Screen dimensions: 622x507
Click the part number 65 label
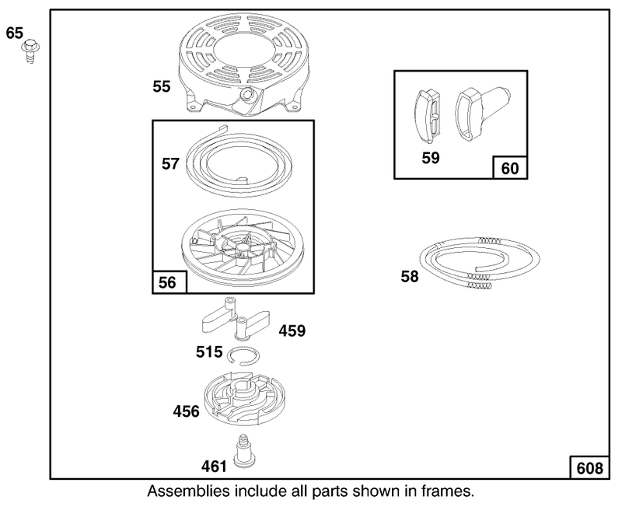(15, 33)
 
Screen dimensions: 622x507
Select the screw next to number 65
(30, 51)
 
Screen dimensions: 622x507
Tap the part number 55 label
(162, 86)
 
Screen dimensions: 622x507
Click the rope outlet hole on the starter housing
(248, 94)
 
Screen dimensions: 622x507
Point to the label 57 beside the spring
(170, 164)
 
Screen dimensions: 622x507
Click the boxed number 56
(167, 282)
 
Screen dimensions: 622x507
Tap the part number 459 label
(292, 330)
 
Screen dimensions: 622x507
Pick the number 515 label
(209, 352)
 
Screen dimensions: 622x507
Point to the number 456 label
(186, 411)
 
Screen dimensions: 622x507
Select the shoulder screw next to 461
(244, 452)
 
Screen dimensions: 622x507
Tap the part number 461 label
(215, 467)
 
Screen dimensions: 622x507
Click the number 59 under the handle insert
(431, 158)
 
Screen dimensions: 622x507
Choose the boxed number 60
(510, 169)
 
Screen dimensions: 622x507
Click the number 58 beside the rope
(410, 277)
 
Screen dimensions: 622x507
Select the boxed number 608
(590, 469)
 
